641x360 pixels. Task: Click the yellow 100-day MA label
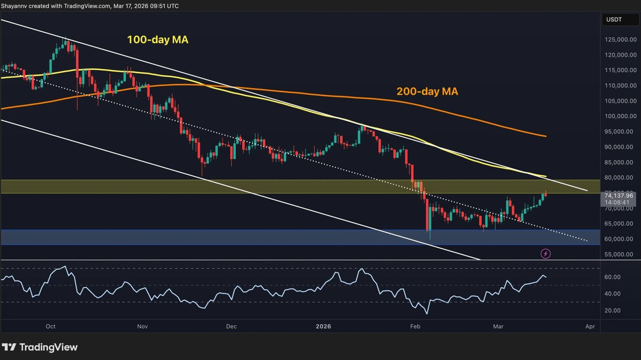157,39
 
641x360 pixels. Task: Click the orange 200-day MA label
427,92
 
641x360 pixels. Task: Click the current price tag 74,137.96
619,196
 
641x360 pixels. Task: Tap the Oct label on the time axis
51,326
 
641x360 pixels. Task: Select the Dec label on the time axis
231,326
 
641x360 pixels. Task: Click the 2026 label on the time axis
324,326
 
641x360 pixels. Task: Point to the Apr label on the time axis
589,326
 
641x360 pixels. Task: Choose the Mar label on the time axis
498,326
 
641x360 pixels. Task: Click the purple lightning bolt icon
546,253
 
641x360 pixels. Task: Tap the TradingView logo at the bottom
40,347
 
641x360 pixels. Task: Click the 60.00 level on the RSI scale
612,277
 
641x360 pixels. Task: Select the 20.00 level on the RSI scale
612,310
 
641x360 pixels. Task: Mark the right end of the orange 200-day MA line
545,136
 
